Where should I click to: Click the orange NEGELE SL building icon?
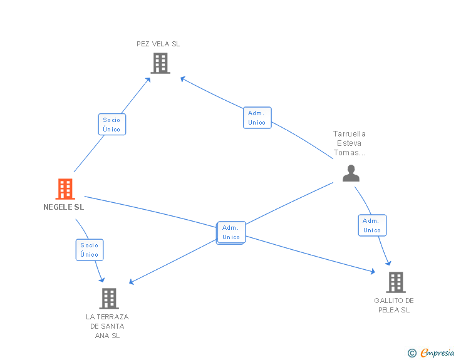[x=65, y=188]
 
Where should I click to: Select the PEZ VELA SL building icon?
[x=160, y=63]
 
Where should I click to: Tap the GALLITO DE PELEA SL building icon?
[x=396, y=282]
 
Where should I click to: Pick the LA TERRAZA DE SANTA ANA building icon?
[x=109, y=299]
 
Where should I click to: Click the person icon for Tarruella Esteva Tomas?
[x=351, y=173]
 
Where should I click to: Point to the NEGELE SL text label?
[x=64, y=207]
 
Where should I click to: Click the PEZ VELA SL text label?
[x=158, y=44]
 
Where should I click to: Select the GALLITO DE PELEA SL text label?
[x=394, y=305]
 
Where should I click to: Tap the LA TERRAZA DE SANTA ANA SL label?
[x=107, y=326]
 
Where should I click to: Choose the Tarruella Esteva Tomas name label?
[x=350, y=143]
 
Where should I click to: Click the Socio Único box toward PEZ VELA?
[x=112, y=125]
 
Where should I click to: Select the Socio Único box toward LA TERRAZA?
[x=90, y=250]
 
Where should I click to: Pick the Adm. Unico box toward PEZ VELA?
[x=257, y=118]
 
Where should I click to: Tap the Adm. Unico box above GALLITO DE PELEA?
[x=372, y=225]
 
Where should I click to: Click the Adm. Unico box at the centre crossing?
[x=231, y=233]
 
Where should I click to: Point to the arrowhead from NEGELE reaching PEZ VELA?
[x=148, y=80]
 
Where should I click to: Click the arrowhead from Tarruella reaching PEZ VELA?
[x=183, y=79]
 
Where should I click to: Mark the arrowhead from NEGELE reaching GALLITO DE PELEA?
[x=373, y=272]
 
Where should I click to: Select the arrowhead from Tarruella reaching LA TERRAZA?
[x=132, y=282]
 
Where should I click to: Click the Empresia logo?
[x=431, y=352]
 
